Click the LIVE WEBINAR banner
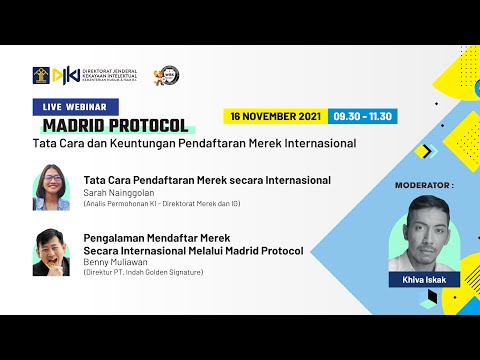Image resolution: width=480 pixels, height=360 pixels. (x=76, y=106)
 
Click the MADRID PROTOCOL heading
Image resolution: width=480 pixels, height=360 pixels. (x=115, y=125)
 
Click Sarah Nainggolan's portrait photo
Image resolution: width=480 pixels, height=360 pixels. (x=51, y=189)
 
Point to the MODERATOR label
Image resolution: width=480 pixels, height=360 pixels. (x=424, y=185)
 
